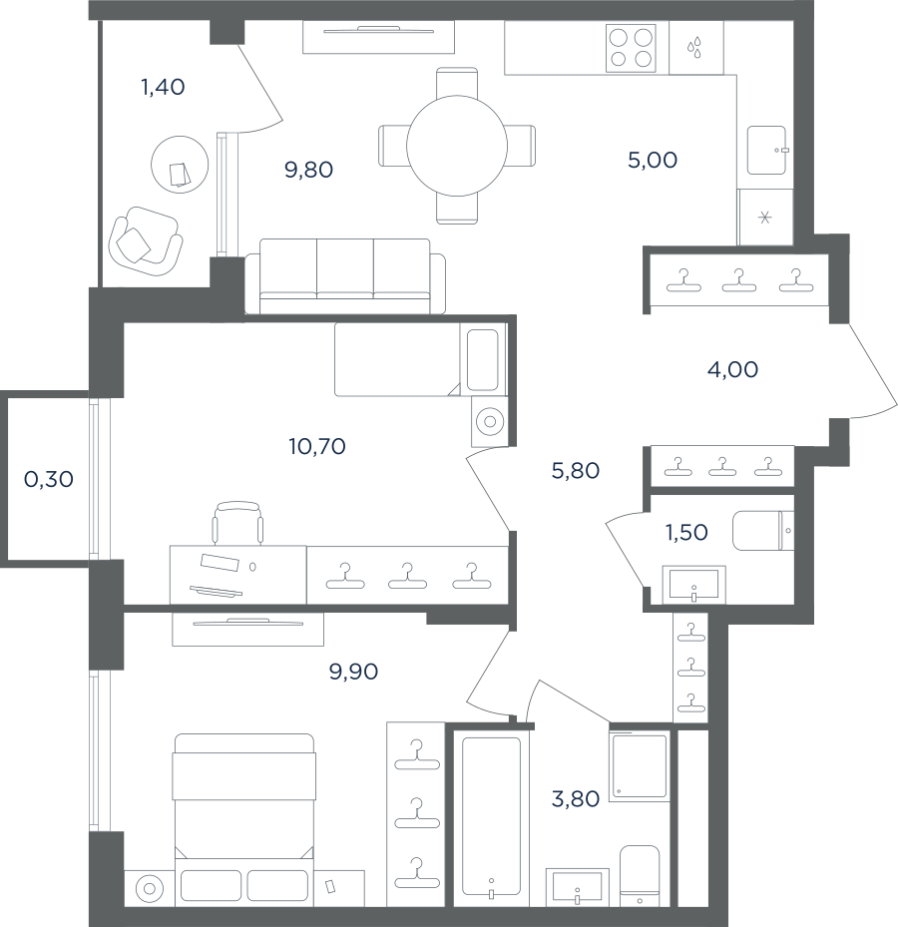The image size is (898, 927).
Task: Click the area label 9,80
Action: point(308,171)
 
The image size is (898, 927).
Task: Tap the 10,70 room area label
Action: point(317,446)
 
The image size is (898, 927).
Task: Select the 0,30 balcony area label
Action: point(49,479)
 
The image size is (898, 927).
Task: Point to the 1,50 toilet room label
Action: point(686,533)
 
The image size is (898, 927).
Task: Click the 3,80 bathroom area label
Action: point(575,799)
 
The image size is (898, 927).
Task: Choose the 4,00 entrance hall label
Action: point(732,369)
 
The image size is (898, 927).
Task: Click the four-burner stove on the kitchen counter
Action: point(631,48)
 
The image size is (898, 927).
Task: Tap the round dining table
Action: point(457,146)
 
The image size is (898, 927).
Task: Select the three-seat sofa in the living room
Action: point(345,276)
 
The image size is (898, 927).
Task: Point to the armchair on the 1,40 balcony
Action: point(146,240)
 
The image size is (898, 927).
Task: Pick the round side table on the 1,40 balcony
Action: point(180,165)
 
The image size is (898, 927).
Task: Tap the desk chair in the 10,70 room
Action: point(237,523)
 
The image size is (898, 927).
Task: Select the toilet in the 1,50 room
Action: point(763,531)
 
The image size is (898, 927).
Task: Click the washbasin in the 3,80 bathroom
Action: point(577,887)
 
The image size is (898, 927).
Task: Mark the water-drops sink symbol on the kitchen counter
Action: point(694,48)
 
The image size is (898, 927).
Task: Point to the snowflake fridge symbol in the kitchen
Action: point(765,218)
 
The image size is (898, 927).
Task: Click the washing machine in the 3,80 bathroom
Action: point(639,766)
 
